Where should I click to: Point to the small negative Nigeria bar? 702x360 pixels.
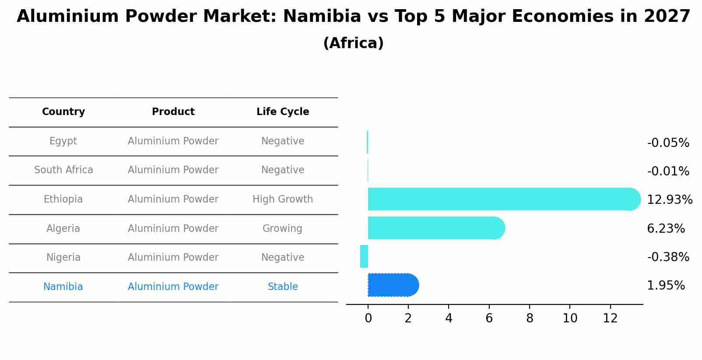coord(364,256)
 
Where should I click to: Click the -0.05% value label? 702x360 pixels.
coord(668,143)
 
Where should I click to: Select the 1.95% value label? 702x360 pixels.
coord(666,286)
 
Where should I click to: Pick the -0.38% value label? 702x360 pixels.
coord(668,257)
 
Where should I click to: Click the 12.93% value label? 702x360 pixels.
coord(670,200)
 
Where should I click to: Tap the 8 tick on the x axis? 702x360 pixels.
coord(530,318)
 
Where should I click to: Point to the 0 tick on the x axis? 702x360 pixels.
coord(368,318)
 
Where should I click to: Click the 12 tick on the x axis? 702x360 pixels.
coord(610,318)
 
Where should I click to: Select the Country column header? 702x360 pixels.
coord(63,112)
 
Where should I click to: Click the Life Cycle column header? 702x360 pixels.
coord(283,112)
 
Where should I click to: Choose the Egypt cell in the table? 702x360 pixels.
coord(63,141)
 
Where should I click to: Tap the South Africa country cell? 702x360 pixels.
coord(63,170)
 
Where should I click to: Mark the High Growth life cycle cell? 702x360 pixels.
coord(283,199)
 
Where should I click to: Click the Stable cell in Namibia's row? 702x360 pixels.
coord(283,287)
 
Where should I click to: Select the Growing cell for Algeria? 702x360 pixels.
coord(282,229)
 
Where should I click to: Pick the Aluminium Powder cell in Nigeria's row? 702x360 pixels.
coord(173,258)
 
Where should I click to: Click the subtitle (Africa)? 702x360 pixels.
coord(353,43)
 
